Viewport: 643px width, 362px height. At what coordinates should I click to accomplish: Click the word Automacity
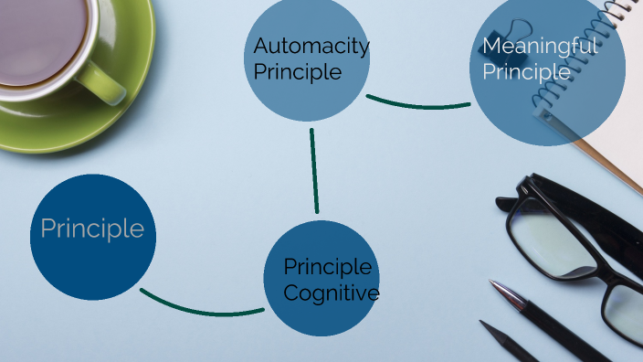(311, 46)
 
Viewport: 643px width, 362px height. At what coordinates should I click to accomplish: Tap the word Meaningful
(540, 46)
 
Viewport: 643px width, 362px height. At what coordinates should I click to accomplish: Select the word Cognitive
(331, 293)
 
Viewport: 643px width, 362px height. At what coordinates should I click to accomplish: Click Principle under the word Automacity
(298, 71)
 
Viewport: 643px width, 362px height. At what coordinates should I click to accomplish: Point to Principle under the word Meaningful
(526, 71)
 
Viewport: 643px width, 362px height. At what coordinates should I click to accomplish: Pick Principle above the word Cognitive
(327, 267)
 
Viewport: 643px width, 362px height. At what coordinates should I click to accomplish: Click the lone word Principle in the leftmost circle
(92, 229)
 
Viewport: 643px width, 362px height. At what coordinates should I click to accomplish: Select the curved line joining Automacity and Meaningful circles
(417, 104)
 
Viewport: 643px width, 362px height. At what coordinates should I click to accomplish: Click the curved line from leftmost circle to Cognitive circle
(201, 310)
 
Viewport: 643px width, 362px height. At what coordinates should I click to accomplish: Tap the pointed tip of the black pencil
(484, 324)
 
